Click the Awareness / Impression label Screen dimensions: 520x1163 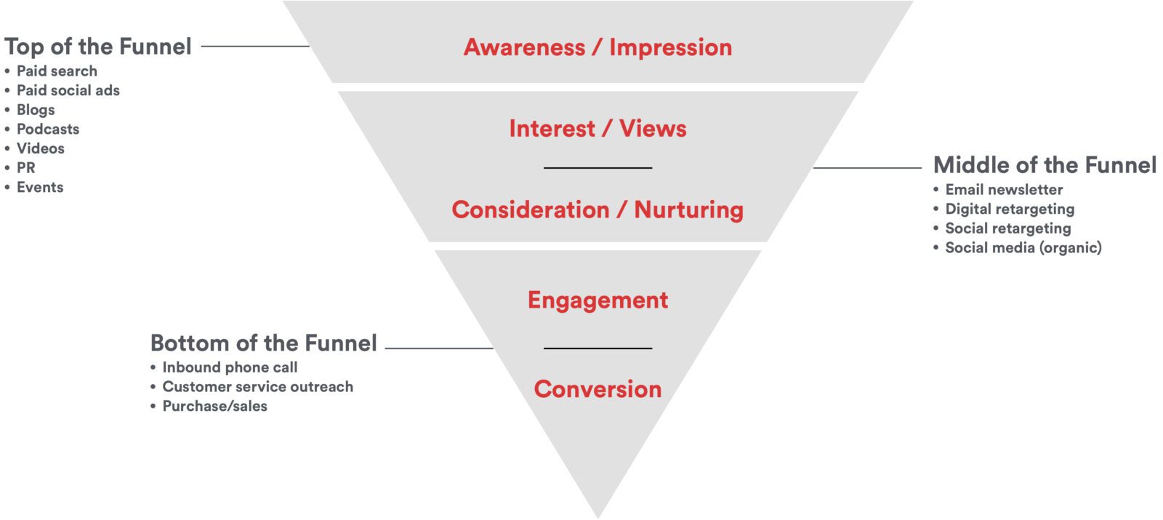[x=597, y=47]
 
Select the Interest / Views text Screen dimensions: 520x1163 [x=597, y=129]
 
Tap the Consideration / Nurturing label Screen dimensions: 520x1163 [x=597, y=209]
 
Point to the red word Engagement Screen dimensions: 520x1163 [x=597, y=300]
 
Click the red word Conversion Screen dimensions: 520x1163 [x=597, y=389]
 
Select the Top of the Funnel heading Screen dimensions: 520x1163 [x=98, y=47]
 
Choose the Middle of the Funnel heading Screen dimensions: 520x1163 [x=1045, y=165]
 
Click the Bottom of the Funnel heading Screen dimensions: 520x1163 [x=263, y=343]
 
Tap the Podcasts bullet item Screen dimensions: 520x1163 [x=48, y=129]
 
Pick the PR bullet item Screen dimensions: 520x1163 [x=26, y=167]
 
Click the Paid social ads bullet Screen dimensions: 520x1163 [x=68, y=90]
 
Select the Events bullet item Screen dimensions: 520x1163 [x=40, y=187]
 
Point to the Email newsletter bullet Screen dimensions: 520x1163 [x=1004, y=190]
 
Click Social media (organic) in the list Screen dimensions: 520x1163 [x=1023, y=248]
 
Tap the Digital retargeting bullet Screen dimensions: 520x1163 [x=1010, y=209]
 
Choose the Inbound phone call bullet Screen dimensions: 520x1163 [x=230, y=367]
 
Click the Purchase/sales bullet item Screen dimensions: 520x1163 [x=214, y=406]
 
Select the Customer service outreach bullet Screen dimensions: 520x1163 [x=257, y=387]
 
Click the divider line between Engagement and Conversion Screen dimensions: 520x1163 [x=597, y=348]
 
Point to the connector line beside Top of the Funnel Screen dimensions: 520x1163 [x=254, y=47]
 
